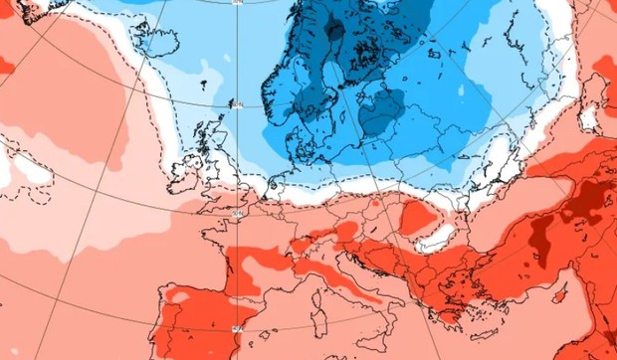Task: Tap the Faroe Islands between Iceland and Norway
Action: tap(204, 84)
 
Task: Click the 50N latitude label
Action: tap(236, 211)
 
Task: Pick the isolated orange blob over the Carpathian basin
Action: tap(416, 215)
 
